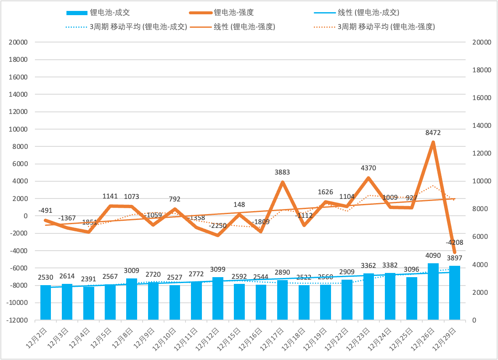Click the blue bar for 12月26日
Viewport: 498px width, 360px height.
[433, 291]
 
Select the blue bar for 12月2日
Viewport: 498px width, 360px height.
[45, 302]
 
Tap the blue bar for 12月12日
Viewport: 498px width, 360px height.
[218, 298]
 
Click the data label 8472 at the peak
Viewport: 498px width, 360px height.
[433, 132]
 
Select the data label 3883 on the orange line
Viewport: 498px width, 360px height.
[282, 172]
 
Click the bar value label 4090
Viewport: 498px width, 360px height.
[433, 255]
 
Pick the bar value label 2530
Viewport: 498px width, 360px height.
[45, 277]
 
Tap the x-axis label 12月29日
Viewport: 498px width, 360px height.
[450, 339]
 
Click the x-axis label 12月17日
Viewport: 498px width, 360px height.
[278, 339]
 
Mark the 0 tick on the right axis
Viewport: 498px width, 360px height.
[474, 320]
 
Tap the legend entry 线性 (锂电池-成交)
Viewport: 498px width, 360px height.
[369, 13]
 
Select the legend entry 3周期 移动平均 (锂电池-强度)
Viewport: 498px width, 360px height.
[386, 27]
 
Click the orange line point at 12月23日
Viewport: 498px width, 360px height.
[368, 178]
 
